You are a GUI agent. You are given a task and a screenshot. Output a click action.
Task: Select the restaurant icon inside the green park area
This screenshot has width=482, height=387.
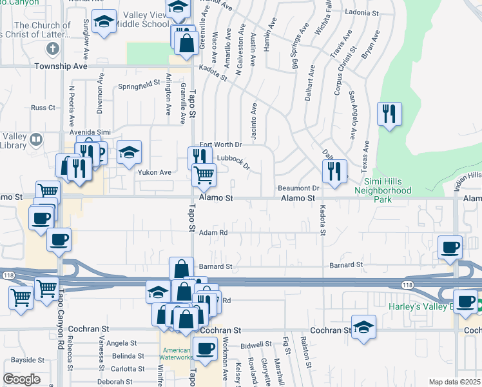(389, 114)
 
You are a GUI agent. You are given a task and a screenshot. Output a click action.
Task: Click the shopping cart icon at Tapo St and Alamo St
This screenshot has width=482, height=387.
(204, 174)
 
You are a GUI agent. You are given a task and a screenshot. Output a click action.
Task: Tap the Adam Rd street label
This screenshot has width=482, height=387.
(213, 233)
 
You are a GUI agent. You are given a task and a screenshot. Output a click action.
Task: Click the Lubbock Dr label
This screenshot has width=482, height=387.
(233, 158)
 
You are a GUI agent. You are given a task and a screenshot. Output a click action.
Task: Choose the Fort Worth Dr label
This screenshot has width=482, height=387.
(220, 144)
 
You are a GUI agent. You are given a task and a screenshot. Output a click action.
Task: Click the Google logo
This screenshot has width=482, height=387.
(21, 379)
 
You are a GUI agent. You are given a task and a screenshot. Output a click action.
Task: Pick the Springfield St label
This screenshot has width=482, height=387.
(139, 84)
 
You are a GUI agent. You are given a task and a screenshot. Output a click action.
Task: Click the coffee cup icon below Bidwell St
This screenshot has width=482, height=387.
(206, 350)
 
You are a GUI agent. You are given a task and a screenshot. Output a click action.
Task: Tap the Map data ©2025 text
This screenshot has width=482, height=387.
(455, 382)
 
